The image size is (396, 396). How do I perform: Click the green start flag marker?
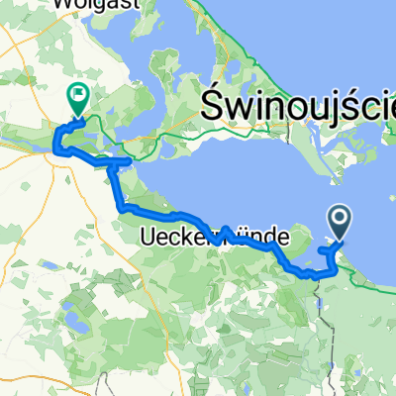click(76, 96)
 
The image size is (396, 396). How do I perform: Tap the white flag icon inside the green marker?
click(76, 94)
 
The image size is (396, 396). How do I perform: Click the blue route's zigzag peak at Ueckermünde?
click(226, 229)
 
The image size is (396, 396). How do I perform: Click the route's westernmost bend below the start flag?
click(55, 148)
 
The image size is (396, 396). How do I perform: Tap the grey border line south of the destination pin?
click(319, 297)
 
